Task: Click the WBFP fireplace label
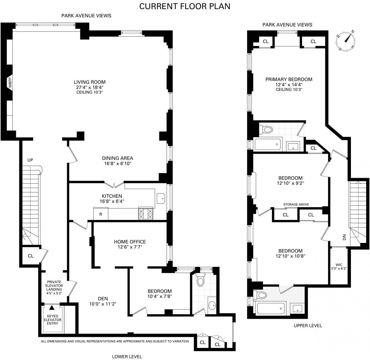click(x=10, y=82)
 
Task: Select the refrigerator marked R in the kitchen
click(x=101, y=214)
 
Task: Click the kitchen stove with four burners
click(x=146, y=213)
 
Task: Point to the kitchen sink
click(x=161, y=199)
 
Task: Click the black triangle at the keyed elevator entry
click(x=52, y=308)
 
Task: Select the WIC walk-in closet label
click(x=339, y=265)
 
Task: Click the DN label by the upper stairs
click(x=344, y=237)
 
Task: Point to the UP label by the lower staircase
click(x=30, y=160)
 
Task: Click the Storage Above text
click(x=296, y=204)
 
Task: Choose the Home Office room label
click(x=130, y=242)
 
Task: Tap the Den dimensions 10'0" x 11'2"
click(x=103, y=304)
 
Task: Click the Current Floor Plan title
click(x=185, y=6)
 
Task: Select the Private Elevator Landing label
click(x=54, y=286)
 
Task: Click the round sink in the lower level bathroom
click(x=212, y=306)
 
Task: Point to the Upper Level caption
click(x=308, y=325)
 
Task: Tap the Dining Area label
click(x=118, y=158)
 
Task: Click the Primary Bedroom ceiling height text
click(x=289, y=89)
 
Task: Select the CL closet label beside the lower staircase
click(x=31, y=256)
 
